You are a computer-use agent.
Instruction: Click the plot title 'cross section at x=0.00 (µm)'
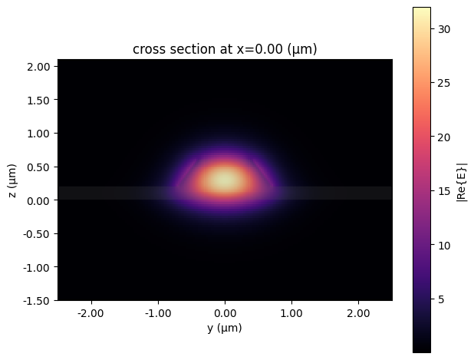coord(225,50)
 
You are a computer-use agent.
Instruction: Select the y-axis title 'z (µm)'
coord(13,180)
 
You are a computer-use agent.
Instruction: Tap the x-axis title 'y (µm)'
coord(225,329)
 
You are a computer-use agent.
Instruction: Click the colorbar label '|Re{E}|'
coord(461,180)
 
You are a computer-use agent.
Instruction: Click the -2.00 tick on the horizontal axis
coord(91,313)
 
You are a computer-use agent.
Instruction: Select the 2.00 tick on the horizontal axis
coord(359,313)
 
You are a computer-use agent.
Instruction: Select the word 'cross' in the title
coord(148,50)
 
